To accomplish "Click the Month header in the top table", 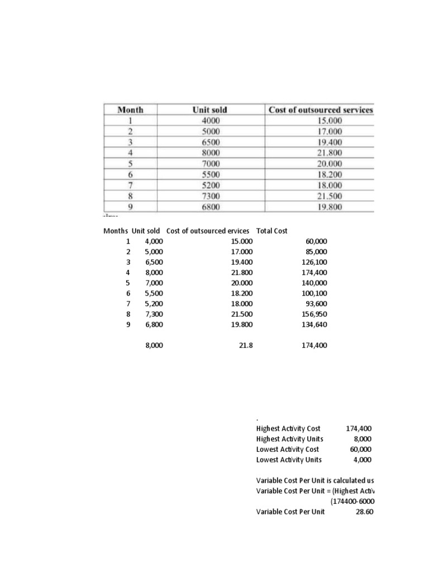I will point(130,110).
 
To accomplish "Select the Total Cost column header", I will point(271,231).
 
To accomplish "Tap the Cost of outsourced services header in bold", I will point(321,110).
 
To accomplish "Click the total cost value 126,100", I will point(314,262).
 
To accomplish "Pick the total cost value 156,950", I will point(314,314).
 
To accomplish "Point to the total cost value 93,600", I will point(316,304).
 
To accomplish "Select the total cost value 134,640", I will point(314,325).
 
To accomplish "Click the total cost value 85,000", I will point(316,251).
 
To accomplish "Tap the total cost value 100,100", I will point(314,293).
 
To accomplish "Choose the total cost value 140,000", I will point(314,283).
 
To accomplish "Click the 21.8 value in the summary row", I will point(246,346).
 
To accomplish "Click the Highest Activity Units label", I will point(289,439).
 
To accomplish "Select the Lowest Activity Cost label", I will point(287,449).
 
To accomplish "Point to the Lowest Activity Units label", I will point(289,460).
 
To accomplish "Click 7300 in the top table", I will point(210,196).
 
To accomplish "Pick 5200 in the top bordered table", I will point(210,185).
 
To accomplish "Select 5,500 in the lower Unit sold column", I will point(154,293).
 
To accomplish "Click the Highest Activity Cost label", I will point(288,428).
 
